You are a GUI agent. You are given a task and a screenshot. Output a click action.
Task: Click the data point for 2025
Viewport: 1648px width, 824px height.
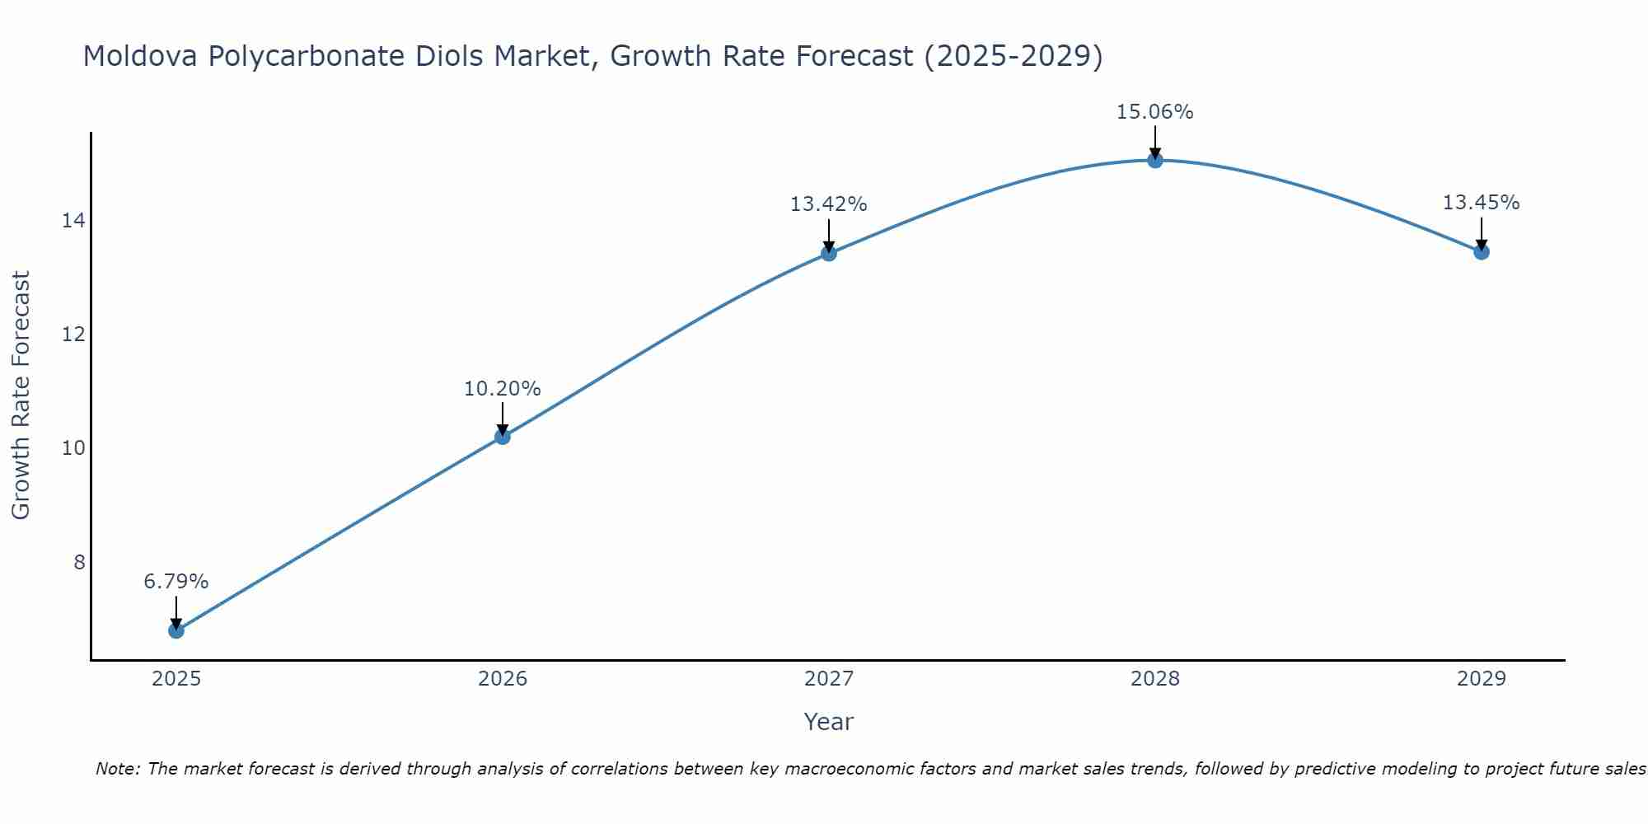pos(176,630)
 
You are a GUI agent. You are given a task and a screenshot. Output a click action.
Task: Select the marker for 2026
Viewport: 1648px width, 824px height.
pos(503,437)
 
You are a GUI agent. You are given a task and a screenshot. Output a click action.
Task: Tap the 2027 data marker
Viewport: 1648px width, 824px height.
pos(829,253)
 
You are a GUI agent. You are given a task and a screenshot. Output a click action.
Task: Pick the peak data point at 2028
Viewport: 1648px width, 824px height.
pos(1155,160)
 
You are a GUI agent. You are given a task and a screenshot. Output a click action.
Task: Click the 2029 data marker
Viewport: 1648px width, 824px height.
pos(1482,251)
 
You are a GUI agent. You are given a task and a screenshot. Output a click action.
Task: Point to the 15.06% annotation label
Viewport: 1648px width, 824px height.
pos(1154,112)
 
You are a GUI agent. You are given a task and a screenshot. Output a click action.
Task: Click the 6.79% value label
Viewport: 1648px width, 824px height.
pos(176,582)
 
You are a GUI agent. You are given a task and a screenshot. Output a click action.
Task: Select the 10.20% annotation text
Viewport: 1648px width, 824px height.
pos(502,389)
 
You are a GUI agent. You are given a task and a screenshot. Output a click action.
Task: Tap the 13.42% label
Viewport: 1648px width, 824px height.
pos(828,204)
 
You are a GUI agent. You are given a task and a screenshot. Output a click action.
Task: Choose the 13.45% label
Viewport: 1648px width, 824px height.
pos(1481,203)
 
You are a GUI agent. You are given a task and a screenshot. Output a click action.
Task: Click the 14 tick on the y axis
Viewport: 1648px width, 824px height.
pos(73,220)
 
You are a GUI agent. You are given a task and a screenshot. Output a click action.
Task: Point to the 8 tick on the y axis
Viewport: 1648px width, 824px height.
pos(79,562)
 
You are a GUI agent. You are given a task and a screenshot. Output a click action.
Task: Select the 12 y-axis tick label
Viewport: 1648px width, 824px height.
pos(73,335)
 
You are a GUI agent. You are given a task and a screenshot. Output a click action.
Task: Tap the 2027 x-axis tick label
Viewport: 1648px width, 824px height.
pos(829,679)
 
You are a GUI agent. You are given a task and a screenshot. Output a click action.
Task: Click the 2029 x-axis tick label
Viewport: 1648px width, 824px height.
pos(1482,679)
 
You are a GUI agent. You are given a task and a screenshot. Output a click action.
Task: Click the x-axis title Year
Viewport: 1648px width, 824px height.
pos(828,722)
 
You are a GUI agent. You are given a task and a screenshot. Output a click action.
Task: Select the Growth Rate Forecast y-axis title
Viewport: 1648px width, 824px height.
pos(21,396)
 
